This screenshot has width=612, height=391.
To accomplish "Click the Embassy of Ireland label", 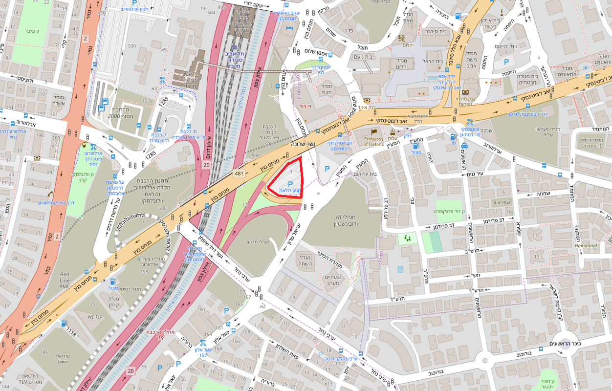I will (x=373, y=141).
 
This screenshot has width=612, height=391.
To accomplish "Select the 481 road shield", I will (x=239, y=174).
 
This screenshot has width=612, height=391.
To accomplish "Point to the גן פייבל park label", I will (x=35, y=31).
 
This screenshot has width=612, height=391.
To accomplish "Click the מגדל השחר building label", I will (x=305, y=261).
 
